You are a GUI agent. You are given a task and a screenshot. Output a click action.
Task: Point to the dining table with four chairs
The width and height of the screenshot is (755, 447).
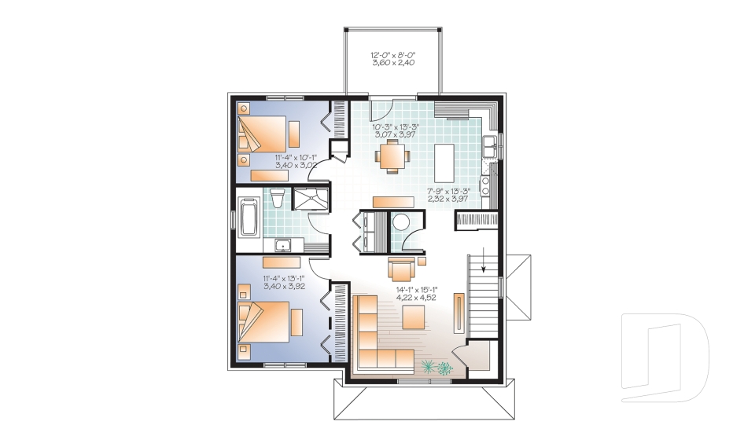pos(391,154)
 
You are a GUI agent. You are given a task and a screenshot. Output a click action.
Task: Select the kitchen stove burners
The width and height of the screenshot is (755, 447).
pos(487,184)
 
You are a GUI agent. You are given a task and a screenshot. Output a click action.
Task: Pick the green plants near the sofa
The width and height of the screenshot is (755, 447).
pos(436,366)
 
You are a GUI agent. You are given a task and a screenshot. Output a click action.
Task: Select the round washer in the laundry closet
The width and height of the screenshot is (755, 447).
pos(404,223)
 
